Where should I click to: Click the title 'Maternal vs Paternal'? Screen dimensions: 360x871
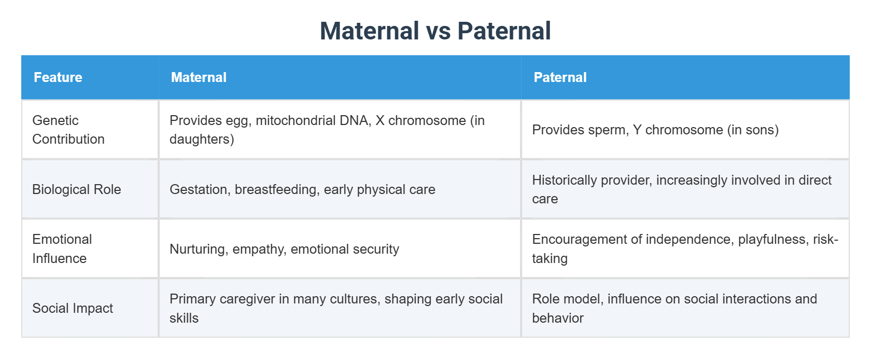click(x=435, y=31)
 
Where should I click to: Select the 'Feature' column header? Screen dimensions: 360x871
click(x=58, y=77)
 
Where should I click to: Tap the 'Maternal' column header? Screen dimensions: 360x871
click(x=199, y=77)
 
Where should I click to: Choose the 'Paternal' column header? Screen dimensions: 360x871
click(x=560, y=77)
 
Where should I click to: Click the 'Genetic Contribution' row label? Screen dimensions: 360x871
click(x=68, y=130)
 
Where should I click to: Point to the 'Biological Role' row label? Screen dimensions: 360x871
click(x=76, y=189)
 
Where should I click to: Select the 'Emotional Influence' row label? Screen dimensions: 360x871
click(x=62, y=248)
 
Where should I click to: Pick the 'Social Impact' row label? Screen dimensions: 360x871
click(x=72, y=308)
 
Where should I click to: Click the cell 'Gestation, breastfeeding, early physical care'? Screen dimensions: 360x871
click(x=302, y=189)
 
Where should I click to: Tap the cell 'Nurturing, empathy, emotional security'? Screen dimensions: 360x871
click(x=284, y=249)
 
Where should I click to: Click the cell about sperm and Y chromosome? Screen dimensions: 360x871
click(x=655, y=130)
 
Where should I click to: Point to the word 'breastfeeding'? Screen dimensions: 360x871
click(x=276, y=189)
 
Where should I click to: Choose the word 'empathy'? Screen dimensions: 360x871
click(x=259, y=249)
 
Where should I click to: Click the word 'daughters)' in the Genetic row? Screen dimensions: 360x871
click(x=202, y=139)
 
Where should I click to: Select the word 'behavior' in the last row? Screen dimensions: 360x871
click(x=557, y=318)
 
